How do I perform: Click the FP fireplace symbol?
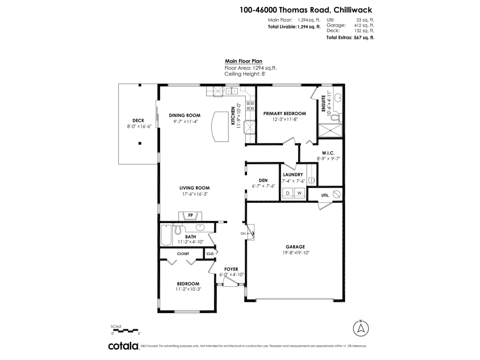(190, 216)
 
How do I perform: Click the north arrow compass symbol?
(361, 329)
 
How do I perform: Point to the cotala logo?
(123, 346)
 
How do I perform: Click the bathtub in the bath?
(166, 235)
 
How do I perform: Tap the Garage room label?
(295, 247)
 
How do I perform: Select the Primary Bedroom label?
(284, 113)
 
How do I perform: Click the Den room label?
(263, 180)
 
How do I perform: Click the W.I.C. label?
(328, 153)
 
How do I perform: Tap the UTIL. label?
(325, 196)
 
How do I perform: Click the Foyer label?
(231, 269)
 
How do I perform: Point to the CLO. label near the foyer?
(210, 254)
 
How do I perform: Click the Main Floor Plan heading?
(243, 61)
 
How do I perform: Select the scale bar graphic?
(125, 330)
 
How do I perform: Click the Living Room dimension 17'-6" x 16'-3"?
(194, 194)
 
